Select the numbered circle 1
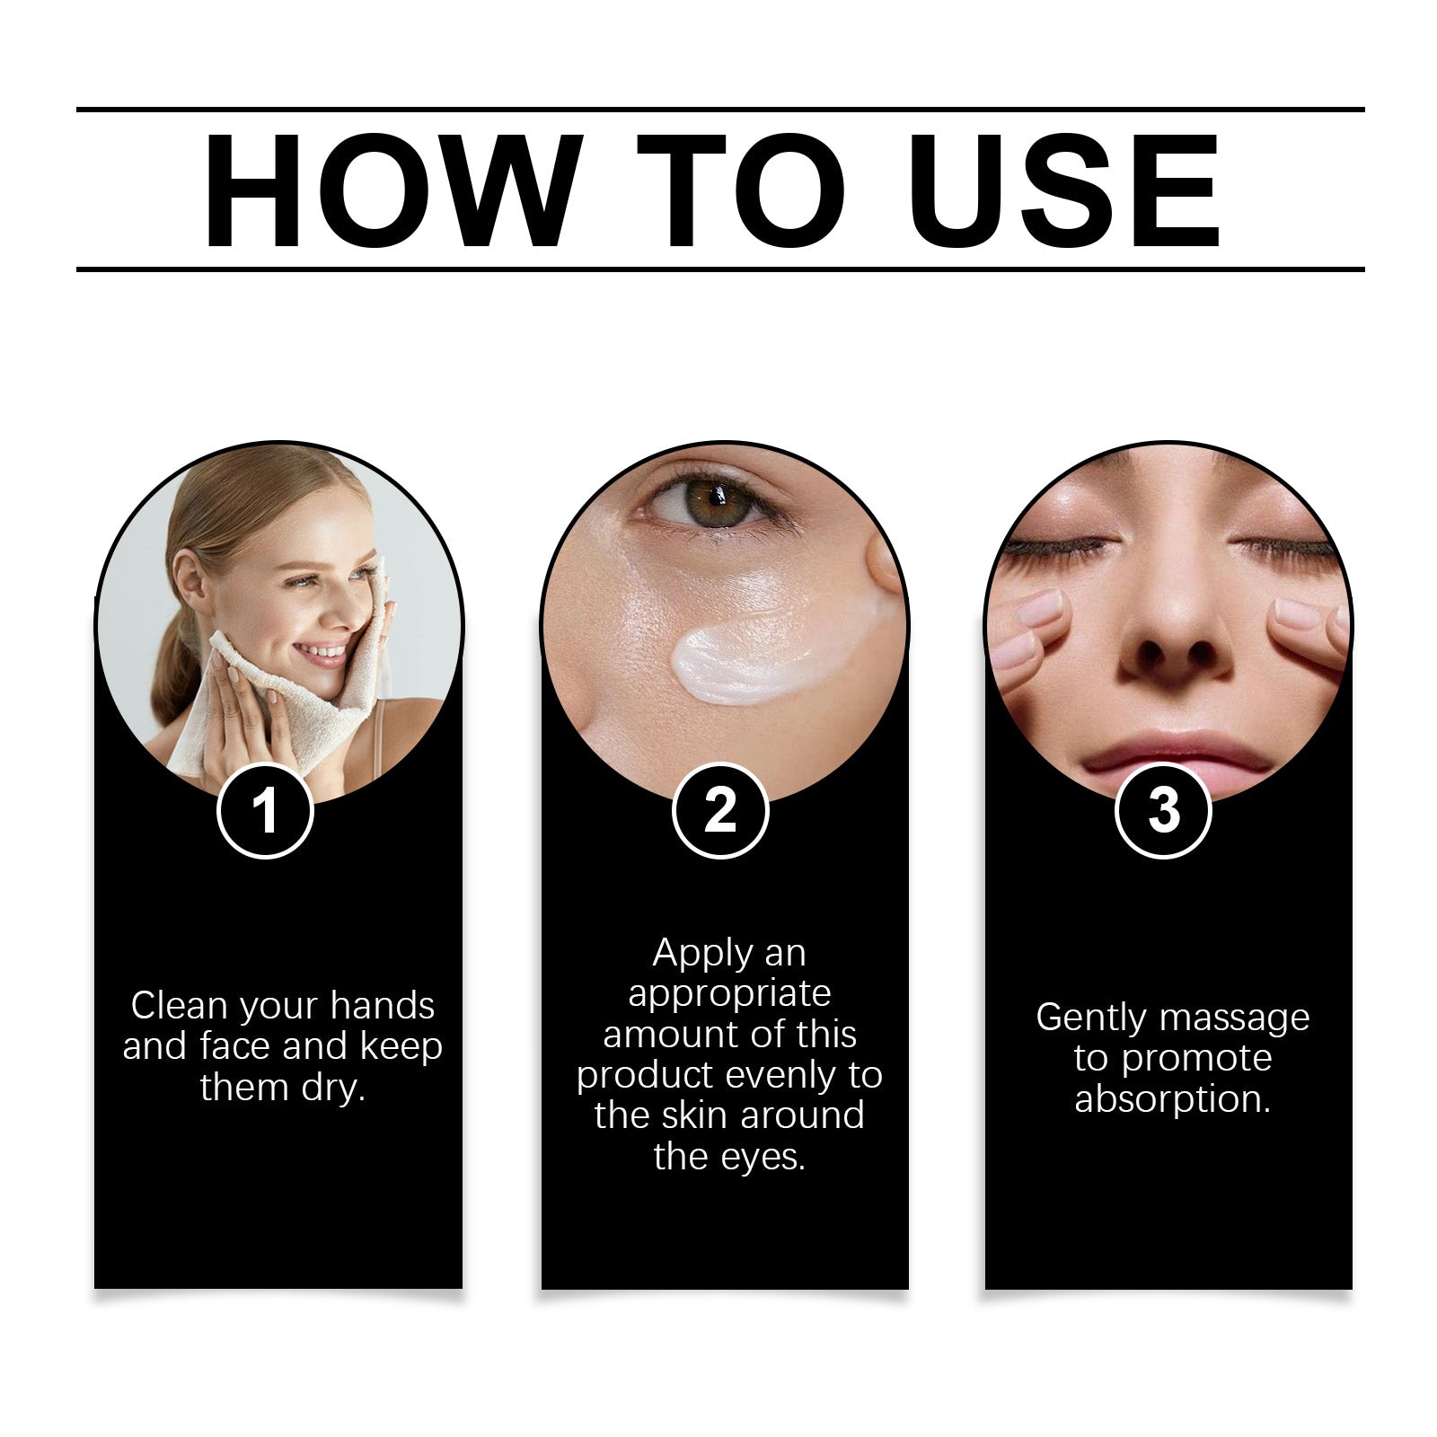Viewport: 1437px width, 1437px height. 265,810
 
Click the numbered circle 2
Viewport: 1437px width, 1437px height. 720,810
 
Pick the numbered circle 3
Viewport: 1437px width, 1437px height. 1163,810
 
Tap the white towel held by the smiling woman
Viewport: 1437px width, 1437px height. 278,692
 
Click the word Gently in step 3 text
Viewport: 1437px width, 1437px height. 1091,1019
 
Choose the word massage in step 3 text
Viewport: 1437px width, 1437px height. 1234,1019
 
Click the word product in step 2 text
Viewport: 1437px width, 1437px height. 645,1076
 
